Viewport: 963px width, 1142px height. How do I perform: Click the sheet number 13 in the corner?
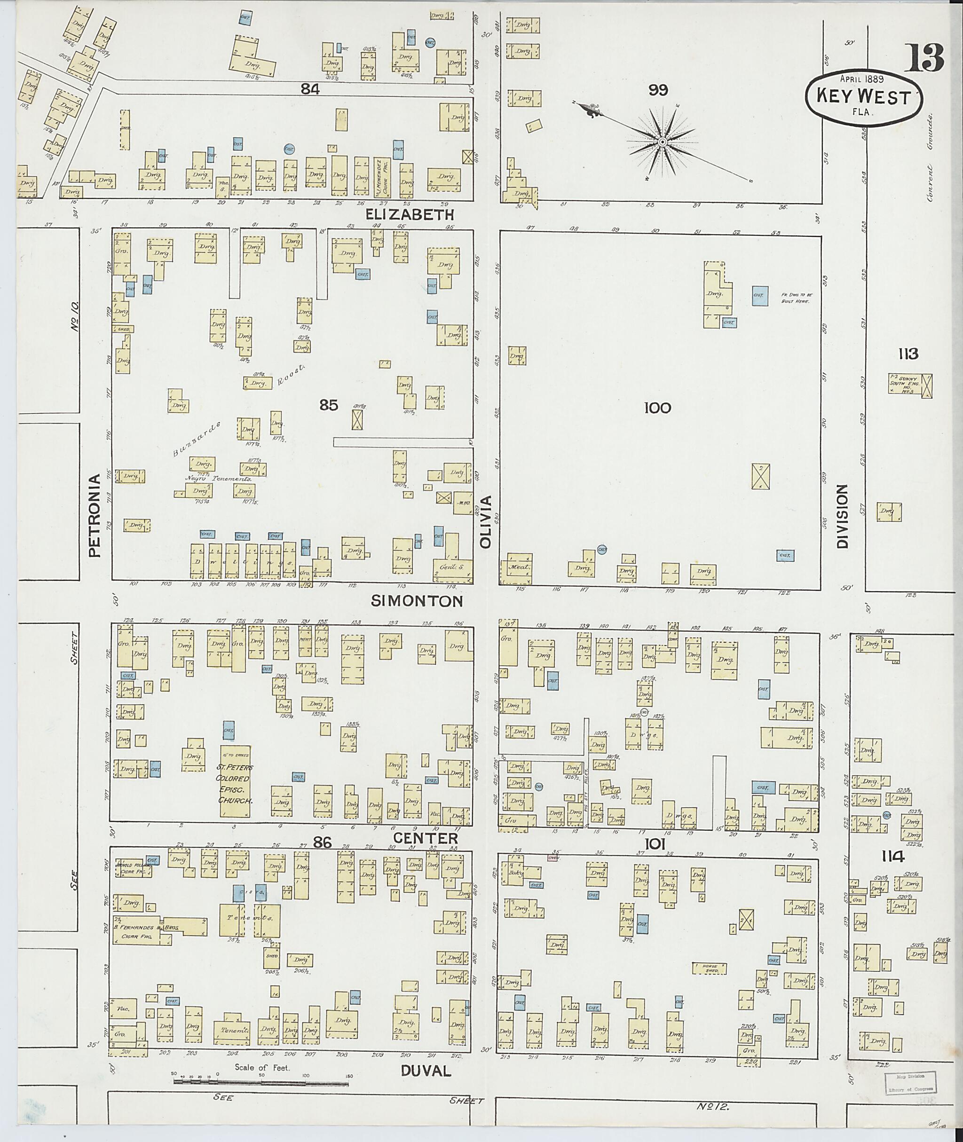pyautogui.click(x=926, y=58)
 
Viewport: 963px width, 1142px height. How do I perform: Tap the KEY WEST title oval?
pyautogui.click(x=864, y=98)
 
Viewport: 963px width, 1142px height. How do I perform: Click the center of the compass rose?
pyautogui.click(x=662, y=142)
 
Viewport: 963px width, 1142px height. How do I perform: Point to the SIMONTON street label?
pyautogui.click(x=417, y=601)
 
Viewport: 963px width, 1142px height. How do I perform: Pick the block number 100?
pyautogui.click(x=657, y=408)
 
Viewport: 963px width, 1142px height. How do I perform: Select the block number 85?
pyautogui.click(x=329, y=404)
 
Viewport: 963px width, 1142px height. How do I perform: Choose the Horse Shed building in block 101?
pyautogui.click(x=710, y=968)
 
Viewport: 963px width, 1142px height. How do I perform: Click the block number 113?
pyautogui.click(x=908, y=354)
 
